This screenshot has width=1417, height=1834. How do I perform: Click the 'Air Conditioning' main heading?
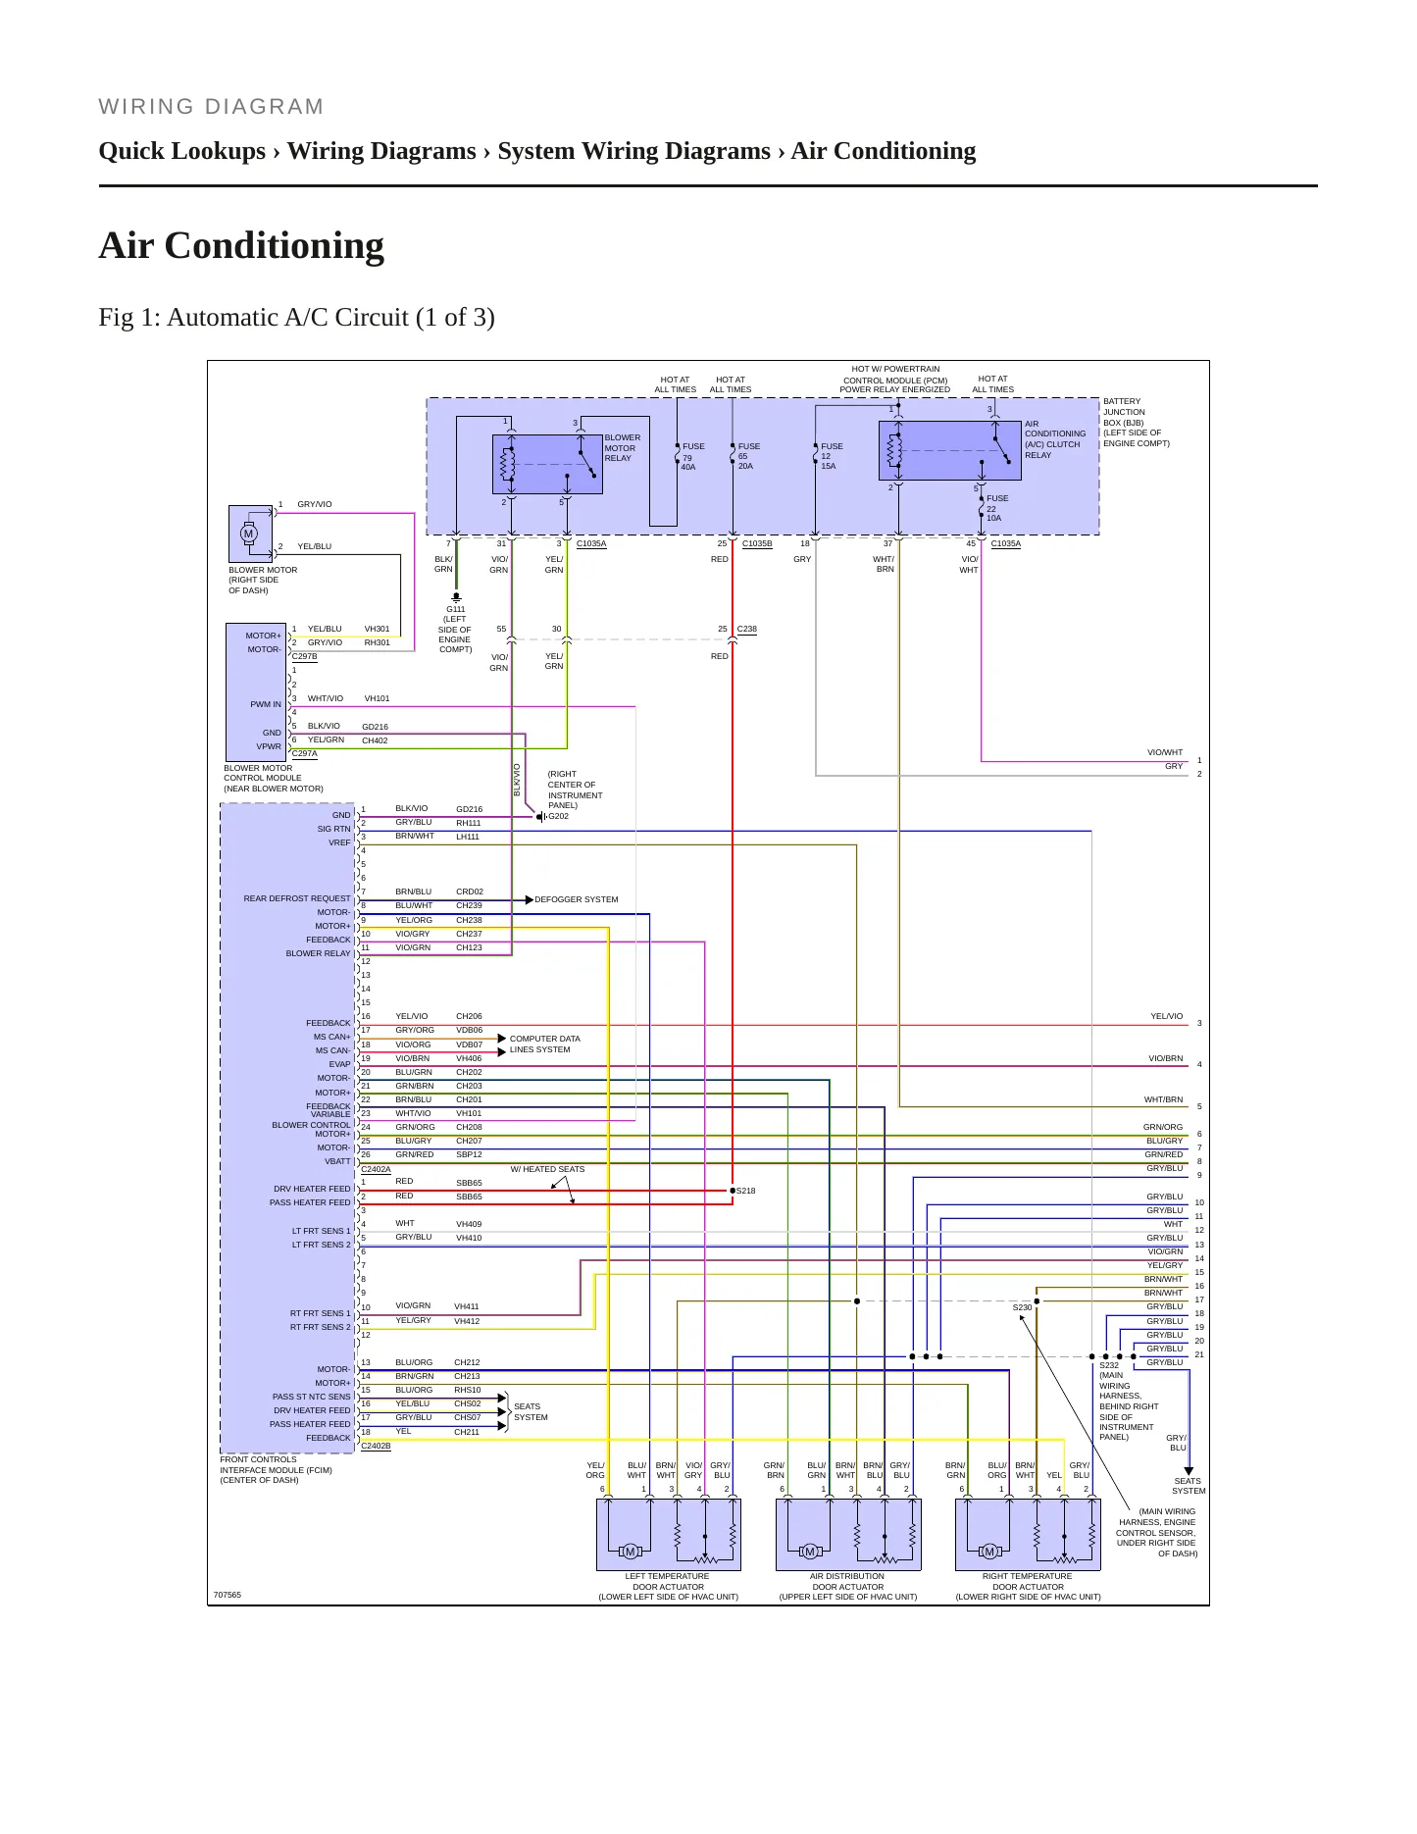coord(241,245)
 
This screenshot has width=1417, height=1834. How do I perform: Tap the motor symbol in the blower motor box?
coord(248,534)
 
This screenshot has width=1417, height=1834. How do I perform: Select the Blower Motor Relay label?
coord(622,448)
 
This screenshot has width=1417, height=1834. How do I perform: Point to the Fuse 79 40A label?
coord(693,457)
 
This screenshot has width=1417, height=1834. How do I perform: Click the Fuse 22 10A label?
coord(997,508)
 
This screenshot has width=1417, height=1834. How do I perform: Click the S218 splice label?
coord(745,1191)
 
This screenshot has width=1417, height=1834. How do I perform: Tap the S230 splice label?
coord(1022,1307)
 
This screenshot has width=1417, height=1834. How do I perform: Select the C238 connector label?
coord(746,629)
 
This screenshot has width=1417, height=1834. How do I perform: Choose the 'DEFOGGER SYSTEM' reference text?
coord(577,899)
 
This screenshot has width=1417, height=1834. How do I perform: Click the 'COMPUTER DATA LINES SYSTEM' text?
coord(544,1044)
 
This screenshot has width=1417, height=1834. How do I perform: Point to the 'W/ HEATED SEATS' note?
coord(547,1169)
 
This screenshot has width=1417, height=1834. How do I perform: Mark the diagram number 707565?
coord(228,1595)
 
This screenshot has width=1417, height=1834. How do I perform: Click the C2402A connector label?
coord(376,1169)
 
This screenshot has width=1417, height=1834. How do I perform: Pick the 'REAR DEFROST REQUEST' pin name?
coord(297,898)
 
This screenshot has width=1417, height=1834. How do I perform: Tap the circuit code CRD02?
coord(470,892)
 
